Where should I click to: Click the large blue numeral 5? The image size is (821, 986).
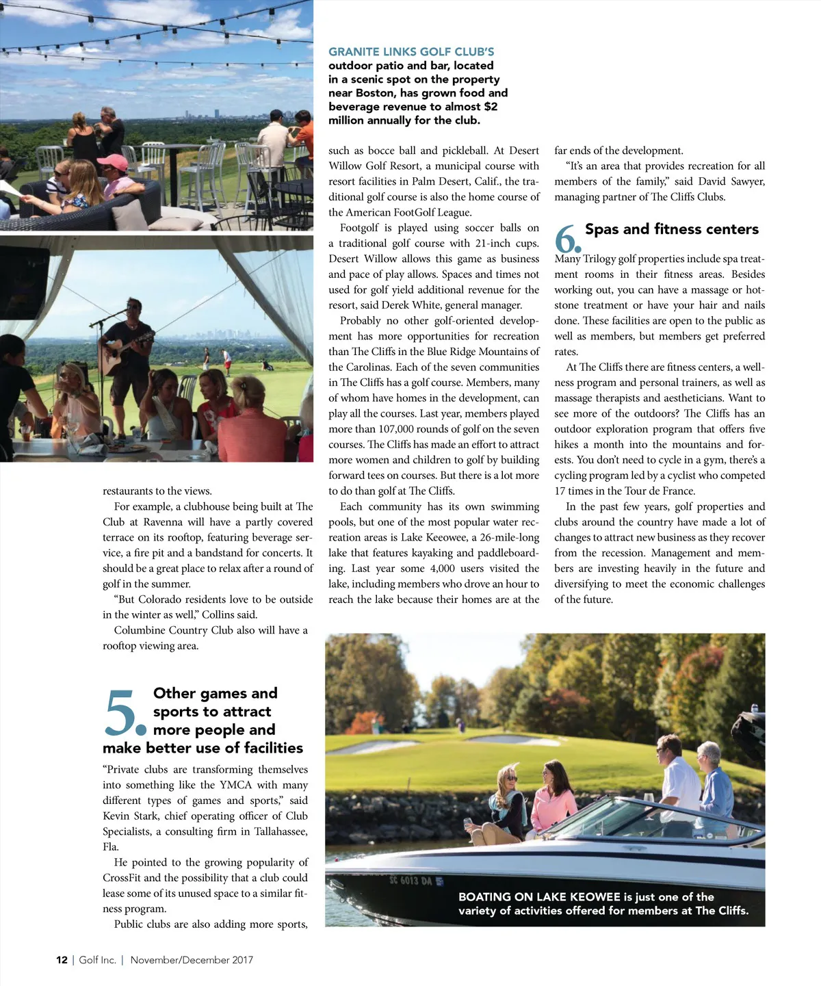(123, 713)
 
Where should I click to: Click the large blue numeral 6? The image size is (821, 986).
(566, 239)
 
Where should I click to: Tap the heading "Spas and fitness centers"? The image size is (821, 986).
(671, 229)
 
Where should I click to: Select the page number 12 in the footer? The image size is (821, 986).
(62, 960)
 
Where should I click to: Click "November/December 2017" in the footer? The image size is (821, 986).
(192, 960)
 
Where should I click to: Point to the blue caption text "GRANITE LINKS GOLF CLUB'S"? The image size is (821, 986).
(410, 52)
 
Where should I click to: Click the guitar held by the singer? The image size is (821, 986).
(130, 350)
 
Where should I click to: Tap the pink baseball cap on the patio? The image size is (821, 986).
(112, 162)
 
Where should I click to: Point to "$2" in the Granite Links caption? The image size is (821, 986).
(491, 107)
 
